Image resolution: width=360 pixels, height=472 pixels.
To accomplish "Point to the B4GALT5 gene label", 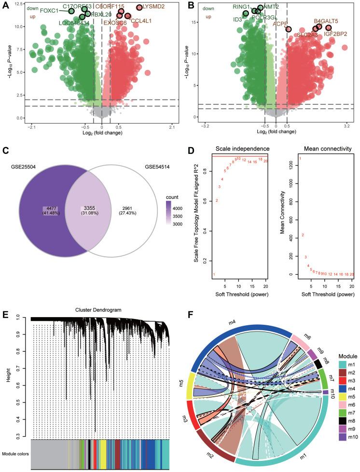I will pos(326,21).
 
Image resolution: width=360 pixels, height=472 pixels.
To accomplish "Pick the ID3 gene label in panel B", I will pos(238,20).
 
